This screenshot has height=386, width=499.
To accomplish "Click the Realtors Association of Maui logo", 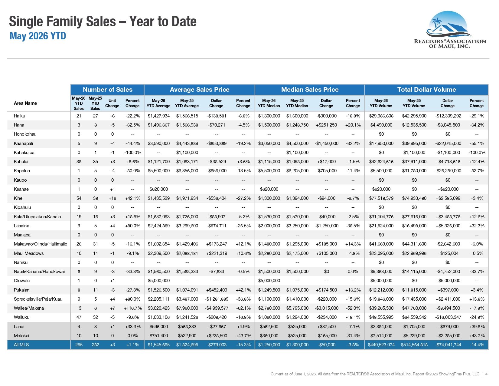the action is tap(450, 29).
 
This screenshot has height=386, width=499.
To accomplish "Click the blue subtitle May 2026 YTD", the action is tap(38, 36).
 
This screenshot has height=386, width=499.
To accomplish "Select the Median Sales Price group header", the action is tap(310, 89).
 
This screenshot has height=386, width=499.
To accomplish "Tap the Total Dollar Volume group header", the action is tap(426, 89).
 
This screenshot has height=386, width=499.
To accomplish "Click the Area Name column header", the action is tap(25, 103).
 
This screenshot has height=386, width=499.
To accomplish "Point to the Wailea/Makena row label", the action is tap(29, 308).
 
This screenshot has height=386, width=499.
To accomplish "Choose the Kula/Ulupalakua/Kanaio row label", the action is tap(37, 216).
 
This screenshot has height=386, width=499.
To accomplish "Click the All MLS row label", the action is tap(21, 345).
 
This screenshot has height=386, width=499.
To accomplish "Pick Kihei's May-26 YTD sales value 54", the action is tap(79, 198).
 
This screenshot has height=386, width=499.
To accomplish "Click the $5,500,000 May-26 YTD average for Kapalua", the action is tap(159, 170).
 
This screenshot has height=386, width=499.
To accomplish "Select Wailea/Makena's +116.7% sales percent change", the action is tap(133, 308).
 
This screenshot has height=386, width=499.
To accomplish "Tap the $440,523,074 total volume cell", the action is tap(381, 345).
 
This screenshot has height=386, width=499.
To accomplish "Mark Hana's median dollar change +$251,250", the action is tap(326, 125).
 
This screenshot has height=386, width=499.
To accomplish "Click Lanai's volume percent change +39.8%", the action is tap(477, 326).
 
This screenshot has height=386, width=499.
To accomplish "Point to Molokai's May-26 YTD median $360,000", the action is tap(269, 336).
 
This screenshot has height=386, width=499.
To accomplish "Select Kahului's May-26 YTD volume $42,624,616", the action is tap(381, 162).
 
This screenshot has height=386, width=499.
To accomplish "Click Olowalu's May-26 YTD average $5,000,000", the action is tap(159, 280).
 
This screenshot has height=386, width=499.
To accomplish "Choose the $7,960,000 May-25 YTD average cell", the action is tap(187, 308).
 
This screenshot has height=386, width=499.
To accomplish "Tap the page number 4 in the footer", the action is tap(486, 374).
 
